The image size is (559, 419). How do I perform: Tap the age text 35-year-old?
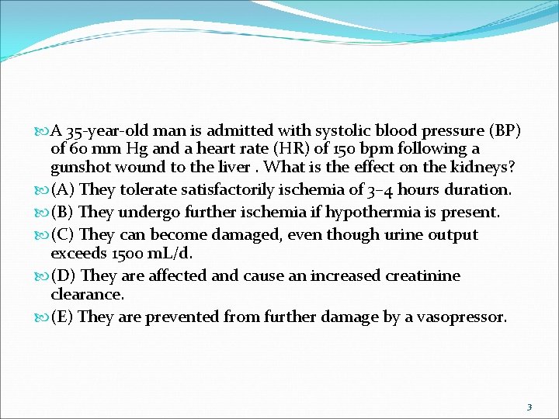105,130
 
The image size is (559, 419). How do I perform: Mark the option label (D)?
64,275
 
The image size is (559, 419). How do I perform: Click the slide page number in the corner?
529,407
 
